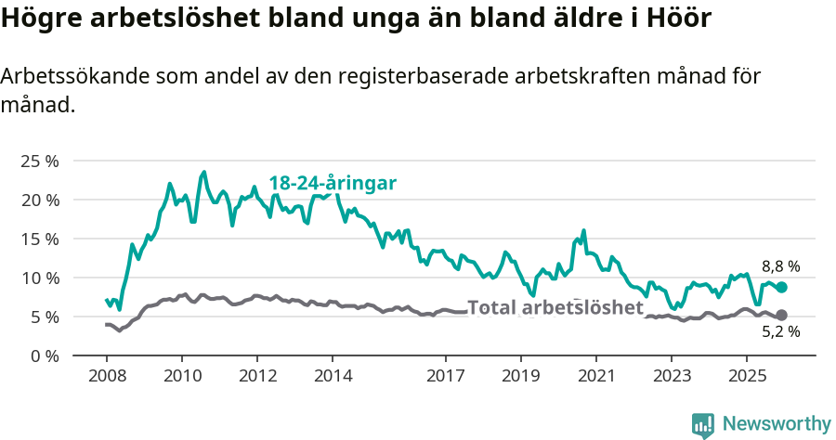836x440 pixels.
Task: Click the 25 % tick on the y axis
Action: [x=39, y=161]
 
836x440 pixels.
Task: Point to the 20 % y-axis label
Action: [x=39, y=200]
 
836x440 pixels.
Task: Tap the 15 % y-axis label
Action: [x=39, y=239]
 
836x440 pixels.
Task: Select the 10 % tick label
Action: [x=39, y=278]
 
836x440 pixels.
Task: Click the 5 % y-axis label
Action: [x=44, y=317]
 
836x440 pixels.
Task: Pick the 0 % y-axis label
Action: [x=44, y=356]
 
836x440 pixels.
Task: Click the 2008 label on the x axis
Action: [x=106, y=376]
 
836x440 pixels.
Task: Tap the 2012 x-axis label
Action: [x=257, y=376]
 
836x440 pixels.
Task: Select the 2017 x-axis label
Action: [x=445, y=376]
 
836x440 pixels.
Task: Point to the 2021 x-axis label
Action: [x=595, y=376]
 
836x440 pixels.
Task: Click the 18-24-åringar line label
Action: [x=333, y=183]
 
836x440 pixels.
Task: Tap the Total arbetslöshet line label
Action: [x=555, y=308]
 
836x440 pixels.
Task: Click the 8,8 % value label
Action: [x=780, y=266]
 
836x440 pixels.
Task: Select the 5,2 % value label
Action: [x=780, y=330]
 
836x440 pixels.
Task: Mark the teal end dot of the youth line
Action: [x=781, y=288]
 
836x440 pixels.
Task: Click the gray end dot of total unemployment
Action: [x=781, y=316]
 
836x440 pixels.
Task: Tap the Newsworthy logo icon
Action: [x=703, y=424]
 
